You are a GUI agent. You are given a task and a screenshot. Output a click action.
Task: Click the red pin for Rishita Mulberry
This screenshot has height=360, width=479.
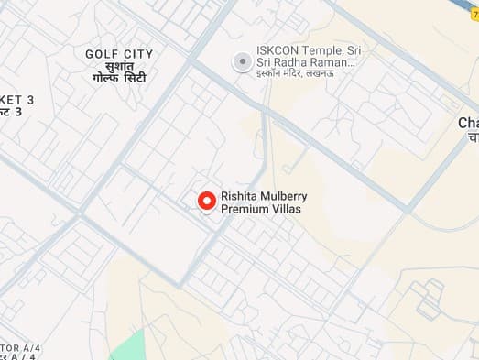[x=207, y=200]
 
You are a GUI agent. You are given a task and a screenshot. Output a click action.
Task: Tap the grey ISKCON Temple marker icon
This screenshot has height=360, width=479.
[x=242, y=61]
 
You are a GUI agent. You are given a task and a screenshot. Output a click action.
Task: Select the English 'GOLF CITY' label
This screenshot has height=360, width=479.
[x=119, y=54]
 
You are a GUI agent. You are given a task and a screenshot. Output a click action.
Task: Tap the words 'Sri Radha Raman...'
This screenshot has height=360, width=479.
[x=307, y=62]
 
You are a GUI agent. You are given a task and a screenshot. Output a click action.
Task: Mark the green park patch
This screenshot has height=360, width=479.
[x=128, y=346]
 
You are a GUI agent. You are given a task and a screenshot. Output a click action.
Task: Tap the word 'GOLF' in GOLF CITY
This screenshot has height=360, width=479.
[x=101, y=54]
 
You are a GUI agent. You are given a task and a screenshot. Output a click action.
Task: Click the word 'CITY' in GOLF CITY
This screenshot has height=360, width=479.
[x=137, y=54]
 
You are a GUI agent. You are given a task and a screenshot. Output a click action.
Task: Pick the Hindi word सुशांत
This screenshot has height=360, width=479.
[x=119, y=68]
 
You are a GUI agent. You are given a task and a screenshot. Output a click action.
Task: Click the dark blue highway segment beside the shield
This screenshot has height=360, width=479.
[x=454, y=5]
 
